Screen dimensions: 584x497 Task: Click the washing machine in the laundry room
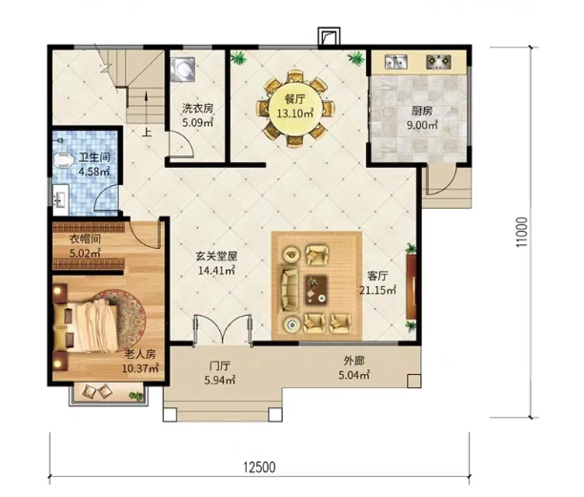183,69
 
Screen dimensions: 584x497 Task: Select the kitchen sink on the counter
396,61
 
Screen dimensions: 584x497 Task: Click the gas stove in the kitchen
438,61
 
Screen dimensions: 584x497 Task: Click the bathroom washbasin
60,199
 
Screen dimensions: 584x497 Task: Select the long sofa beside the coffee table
290,289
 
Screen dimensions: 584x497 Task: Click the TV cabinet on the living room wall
412,286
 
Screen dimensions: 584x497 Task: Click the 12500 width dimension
259,467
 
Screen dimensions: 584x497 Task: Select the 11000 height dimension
522,232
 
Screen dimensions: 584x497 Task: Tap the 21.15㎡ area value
377,290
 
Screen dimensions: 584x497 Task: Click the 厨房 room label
422,111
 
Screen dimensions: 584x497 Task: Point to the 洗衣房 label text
197,109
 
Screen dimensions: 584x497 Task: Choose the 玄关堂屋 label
217,257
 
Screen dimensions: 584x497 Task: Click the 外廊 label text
353,361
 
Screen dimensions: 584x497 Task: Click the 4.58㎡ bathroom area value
94,172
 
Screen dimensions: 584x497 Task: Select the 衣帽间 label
86,238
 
